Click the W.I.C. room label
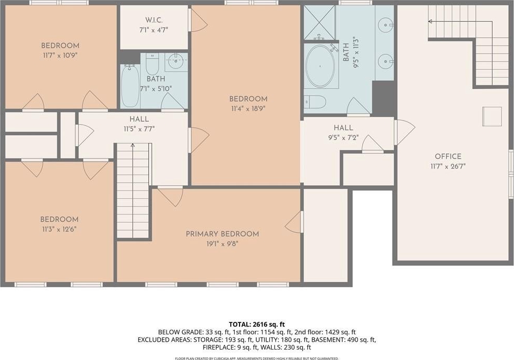tap(153, 20)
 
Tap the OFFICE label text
tap(448, 157)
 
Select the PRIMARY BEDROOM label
tap(222, 234)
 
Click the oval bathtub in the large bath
tap(320, 66)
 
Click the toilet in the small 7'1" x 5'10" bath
tap(152, 64)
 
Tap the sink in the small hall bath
tap(176, 60)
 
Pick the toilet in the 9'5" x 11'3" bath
tap(314, 102)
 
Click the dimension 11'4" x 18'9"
tap(248, 109)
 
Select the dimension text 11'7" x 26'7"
tap(448, 166)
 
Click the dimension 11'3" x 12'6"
tap(59, 229)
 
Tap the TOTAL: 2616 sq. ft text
tap(257, 325)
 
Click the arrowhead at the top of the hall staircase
tap(133, 145)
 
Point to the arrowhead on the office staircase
tap(430, 21)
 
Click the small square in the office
tap(492, 116)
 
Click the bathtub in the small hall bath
tap(129, 86)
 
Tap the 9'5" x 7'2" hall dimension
tap(343, 138)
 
